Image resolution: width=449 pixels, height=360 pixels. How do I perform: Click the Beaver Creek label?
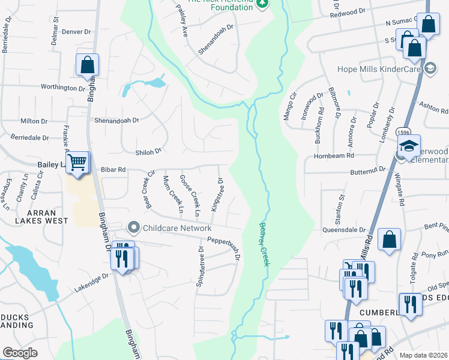[x=265, y=245]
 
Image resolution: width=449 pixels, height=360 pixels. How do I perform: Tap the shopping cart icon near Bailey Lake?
[x=77, y=163]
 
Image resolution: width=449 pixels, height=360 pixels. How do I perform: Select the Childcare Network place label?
[x=176, y=228]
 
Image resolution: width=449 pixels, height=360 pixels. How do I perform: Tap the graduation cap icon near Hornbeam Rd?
[x=408, y=147]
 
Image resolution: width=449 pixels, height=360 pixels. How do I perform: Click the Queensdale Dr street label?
[x=344, y=229]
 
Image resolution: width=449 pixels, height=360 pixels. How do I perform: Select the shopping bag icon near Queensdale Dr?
[x=390, y=239]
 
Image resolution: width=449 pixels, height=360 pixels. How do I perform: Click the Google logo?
[x=20, y=353]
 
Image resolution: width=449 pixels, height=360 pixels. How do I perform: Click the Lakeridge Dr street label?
[x=91, y=281]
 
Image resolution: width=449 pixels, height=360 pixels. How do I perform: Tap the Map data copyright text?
[x=424, y=355]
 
